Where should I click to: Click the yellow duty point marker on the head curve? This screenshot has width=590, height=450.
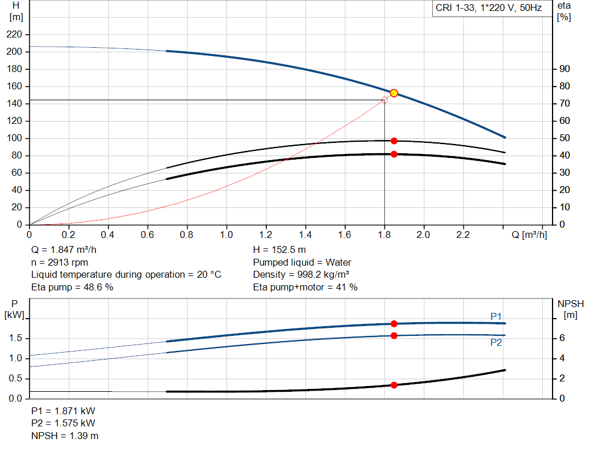coord(394,93)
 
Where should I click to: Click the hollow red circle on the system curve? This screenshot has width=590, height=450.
coord(385,100)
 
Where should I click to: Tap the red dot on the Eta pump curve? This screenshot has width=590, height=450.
coord(394,141)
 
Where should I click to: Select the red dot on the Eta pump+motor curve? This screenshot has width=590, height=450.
coord(394,154)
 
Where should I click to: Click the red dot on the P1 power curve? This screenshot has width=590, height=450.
coord(394,324)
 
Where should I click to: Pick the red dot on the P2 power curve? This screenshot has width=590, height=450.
coord(394,335)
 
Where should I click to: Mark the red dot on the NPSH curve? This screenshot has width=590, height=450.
coord(394,385)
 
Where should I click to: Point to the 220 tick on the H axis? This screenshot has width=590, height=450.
coord(16,35)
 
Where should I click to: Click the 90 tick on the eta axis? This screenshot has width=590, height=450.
coord(565,69)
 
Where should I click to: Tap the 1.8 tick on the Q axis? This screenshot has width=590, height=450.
coord(384,235)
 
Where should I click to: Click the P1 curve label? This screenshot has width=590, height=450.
coord(496,316)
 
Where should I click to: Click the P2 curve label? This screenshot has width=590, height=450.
coord(496,342)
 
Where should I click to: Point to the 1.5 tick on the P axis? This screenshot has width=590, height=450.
coord(16,338)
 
